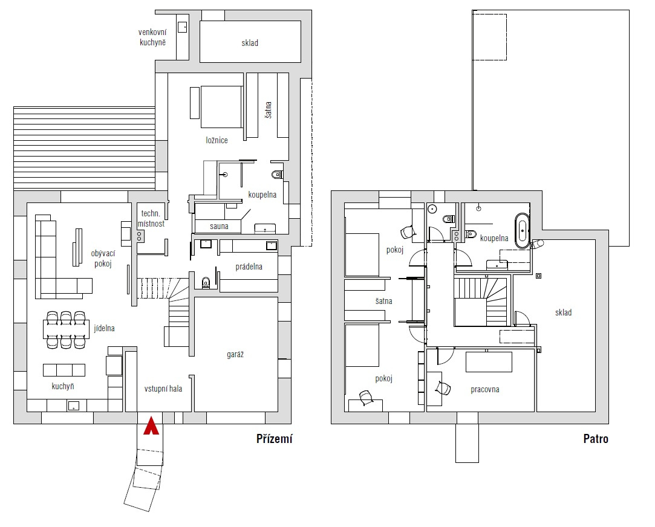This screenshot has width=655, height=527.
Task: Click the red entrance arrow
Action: pyautogui.click(x=151, y=426)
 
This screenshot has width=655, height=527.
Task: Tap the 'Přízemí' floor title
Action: pyautogui.click(x=275, y=439)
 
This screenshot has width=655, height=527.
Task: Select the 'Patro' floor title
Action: pyautogui.click(x=596, y=439)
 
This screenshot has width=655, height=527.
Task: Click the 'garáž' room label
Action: pyautogui.click(x=235, y=355)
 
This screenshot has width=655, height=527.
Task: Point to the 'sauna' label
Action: pyautogui.click(x=219, y=226)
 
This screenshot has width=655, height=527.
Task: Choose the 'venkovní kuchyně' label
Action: pyautogui.click(x=152, y=37)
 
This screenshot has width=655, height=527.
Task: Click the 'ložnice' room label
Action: pyautogui.click(x=217, y=140)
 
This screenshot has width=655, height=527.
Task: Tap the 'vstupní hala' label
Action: pyautogui.click(x=163, y=389)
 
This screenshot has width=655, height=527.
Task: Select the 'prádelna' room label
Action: pyautogui.click(x=249, y=267)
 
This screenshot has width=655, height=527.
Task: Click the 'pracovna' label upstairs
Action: pyautogui.click(x=485, y=390)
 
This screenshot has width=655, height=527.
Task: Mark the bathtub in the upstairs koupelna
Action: pyautogui.click(x=522, y=231)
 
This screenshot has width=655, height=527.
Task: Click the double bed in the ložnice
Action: pyautogui.click(x=221, y=107)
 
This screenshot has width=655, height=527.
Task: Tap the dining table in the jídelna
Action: pyautogui.click(x=66, y=329)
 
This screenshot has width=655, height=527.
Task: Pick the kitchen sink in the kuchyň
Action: pyautogui.click(x=74, y=405)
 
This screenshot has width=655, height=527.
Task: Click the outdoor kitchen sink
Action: pyautogui.click(x=183, y=27)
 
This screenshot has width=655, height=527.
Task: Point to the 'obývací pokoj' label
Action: pyautogui.click(x=103, y=259)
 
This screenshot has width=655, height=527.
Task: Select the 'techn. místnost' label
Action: pyautogui.click(x=151, y=219)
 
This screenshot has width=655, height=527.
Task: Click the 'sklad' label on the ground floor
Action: pyautogui.click(x=250, y=43)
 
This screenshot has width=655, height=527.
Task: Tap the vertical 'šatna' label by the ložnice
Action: pyautogui.click(x=268, y=110)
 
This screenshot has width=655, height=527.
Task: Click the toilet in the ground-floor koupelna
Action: pyautogui.click(x=277, y=175)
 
